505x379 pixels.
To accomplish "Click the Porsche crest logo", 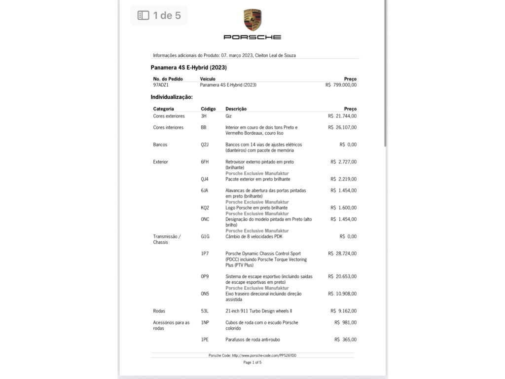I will click(x=252, y=20).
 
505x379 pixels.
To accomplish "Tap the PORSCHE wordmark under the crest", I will click(x=252, y=37).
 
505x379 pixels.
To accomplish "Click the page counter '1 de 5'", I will click(x=159, y=16).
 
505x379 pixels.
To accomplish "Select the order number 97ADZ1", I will click(x=161, y=85).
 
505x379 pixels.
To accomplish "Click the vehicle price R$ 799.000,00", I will click(x=341, y=85).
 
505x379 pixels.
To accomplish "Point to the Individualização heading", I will click(x=172, y=97).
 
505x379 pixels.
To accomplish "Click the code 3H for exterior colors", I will click(x=204, y=116).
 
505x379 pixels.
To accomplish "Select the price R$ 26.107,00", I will click(x=342, y=127).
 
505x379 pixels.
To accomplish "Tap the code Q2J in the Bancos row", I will click(x=205, y=145).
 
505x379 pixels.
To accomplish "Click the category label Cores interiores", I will click(x=168, y=127).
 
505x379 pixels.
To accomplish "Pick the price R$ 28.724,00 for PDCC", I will click(x=342, y=254).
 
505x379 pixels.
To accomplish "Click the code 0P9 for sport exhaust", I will click(x=205, y=276).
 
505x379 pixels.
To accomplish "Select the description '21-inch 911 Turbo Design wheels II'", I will click(x=258, y=311).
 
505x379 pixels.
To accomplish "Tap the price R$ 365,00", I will click(x=345, y=340).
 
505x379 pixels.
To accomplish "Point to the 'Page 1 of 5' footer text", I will click(x=252, y=363).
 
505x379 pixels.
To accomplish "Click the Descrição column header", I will click(x=236, y=109).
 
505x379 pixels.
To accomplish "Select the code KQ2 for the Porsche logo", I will click(x=205, y=208).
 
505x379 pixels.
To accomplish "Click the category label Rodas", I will click(x=159, y=311).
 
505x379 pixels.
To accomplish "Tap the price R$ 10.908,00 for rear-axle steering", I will click(x=342, y=294).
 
